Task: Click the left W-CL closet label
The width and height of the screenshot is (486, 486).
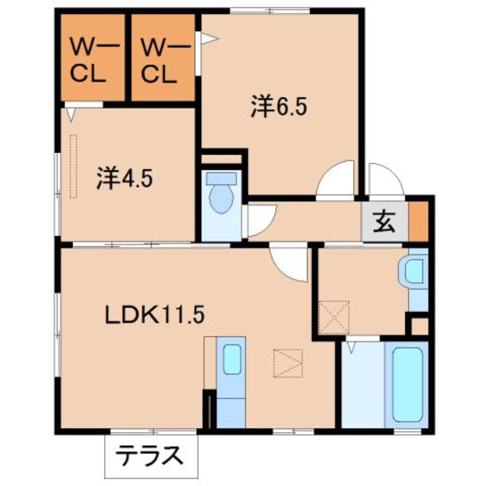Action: [89, 60]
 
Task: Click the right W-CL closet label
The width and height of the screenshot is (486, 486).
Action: [160, 60]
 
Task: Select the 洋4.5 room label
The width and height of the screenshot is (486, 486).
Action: [124, 178]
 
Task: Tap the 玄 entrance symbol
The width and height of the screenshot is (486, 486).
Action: [385, 221]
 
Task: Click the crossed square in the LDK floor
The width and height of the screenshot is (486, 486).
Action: [287, 363]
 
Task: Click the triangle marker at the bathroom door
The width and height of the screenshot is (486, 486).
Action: [350, 347]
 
